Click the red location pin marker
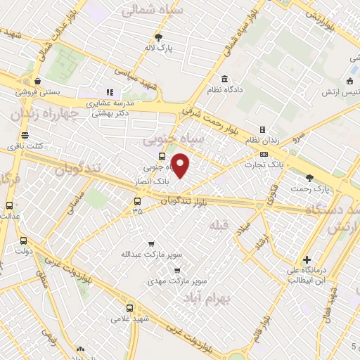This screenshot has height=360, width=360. point(181,166)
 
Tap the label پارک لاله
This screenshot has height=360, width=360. point(160,48)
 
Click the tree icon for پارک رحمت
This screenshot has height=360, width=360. point(310,179)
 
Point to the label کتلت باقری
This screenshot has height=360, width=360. point(25,146)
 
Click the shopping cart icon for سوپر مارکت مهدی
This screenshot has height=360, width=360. point(176,269)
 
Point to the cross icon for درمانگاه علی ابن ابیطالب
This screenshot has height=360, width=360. point(307,259)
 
